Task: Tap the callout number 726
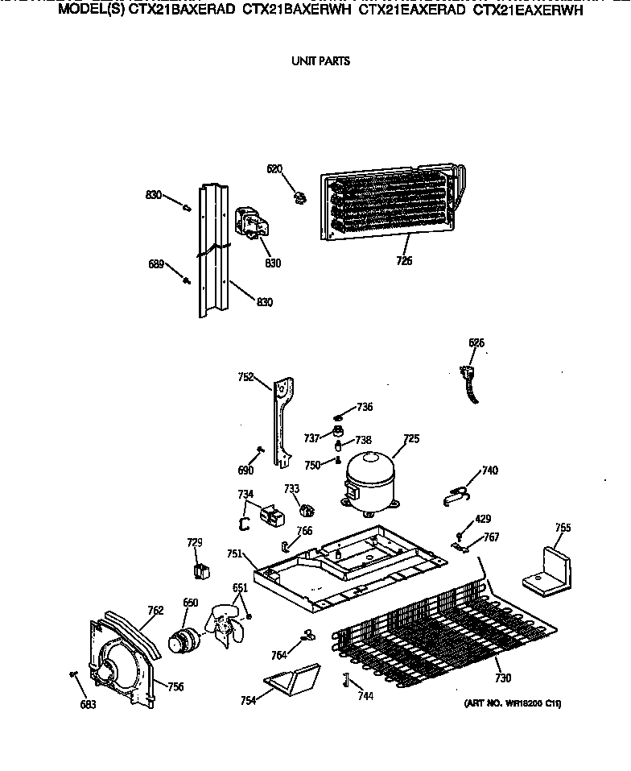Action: tap(404, 261)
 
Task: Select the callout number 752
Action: tap(245, 376)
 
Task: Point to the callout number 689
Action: tap(155, 264)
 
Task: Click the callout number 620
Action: tap(274, 168)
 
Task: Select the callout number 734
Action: tap(245, 494)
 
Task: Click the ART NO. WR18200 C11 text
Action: tap(512, 703)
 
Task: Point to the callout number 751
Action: tap(234, 553)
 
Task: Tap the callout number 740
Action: tap(489, 470)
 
